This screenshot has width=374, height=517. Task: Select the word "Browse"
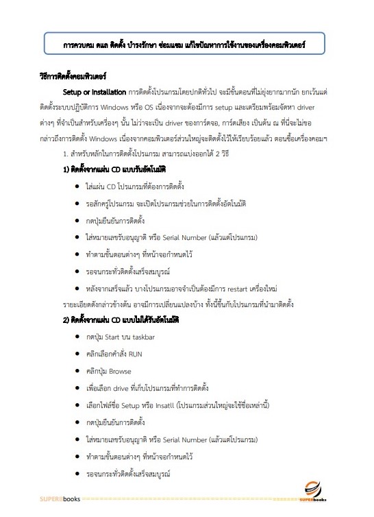coord(120,371)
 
